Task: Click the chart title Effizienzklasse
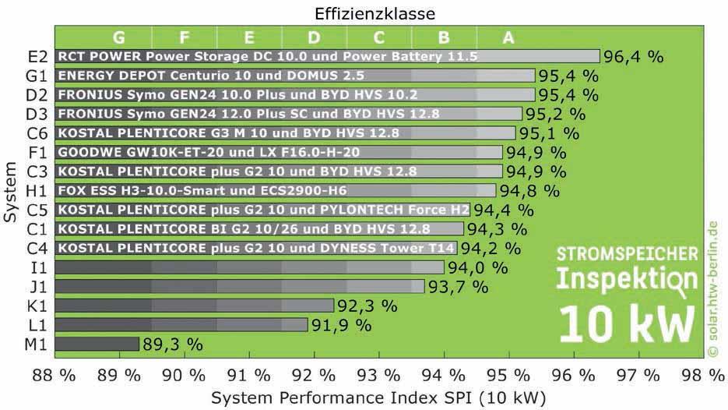[375, 13]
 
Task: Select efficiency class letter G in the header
[119, 37]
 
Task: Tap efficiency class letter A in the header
[508, 37]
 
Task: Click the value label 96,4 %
[635, 57]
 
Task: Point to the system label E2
[37, 57]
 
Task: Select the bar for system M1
[97, 344]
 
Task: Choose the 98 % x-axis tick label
[702, 375]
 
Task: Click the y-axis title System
[10, 191]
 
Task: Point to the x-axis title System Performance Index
[378, 398]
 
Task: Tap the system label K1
[37, 306]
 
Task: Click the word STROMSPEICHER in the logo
[627, 255]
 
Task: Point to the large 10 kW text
[628, 324]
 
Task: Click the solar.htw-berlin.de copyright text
[712, 288]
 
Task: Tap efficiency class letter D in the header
[314, 37]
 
